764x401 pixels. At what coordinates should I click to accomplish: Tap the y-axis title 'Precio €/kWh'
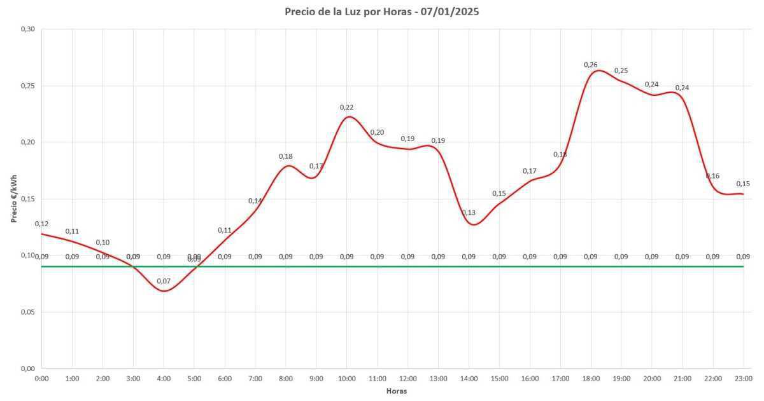(13, 198)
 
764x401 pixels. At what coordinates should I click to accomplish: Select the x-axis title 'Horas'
(397, 391)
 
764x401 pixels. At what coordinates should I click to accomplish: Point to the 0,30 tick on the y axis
(27, 29)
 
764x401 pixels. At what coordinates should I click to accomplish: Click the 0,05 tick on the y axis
(27, 312)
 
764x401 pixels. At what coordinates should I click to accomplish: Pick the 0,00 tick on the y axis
(27, 369)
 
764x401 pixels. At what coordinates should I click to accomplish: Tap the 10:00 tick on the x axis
(346, 379)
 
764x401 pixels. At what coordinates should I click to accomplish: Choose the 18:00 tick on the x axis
(591, 379)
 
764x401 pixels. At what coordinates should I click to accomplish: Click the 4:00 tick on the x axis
(164, 379)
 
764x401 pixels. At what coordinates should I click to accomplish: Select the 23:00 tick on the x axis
(743, 379)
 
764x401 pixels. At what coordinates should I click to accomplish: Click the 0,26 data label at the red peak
(591, 65)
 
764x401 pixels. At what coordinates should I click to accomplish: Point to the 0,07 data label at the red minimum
(164, 281)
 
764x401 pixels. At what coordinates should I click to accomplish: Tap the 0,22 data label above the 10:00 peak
(346, 107)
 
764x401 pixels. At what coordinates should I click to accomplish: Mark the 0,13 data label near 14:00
(469, 212)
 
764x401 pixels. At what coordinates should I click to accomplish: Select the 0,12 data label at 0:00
(41, 224)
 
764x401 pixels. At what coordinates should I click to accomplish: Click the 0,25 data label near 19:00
(621, 71)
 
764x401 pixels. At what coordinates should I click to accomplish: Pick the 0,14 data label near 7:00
(255, 201)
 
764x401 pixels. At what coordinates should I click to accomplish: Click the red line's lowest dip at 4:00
(164, 291)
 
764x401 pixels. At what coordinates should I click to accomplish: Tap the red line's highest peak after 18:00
(598, 70)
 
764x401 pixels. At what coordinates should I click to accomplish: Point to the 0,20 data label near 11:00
(377, 132)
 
